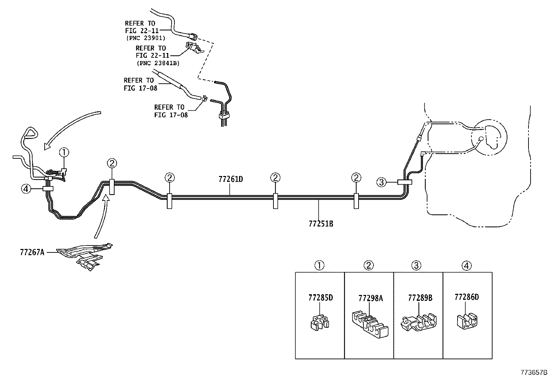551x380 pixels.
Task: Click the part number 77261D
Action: (231, 179)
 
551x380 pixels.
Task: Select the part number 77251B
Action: (321, 223)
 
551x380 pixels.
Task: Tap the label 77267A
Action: (32, 252)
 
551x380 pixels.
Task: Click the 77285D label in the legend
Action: (320, 297)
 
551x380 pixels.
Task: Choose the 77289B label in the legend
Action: (420, 298)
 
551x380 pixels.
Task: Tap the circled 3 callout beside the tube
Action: (381, 182)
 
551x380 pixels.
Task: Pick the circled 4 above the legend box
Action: (467, 266)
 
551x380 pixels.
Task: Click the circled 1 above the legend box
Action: (319, 266)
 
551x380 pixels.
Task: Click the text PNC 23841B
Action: (157, 63)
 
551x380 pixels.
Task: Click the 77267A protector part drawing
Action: (85, 255)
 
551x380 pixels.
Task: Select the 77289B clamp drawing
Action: (418, 322)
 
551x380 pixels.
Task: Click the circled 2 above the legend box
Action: (369, 266)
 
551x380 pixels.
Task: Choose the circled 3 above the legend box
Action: (416, 266)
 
